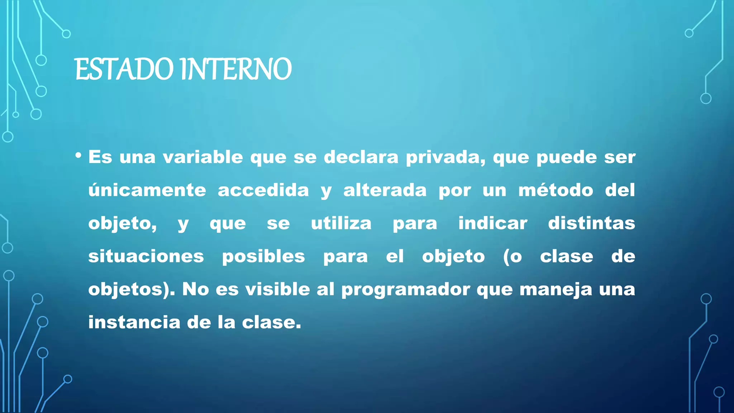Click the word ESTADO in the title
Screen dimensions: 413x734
[124, 69]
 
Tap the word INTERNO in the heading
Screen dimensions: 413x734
[236, 69]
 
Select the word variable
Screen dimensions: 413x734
[203, 157]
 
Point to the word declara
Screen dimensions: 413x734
[361, 157]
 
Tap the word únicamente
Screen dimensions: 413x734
[147, 190]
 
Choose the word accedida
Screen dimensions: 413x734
[263, 190]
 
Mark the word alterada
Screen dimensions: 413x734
[385, 190]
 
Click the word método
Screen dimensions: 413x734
[556, 190]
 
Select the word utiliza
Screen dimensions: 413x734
[341, 223]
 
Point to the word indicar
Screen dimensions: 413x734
[493, 223]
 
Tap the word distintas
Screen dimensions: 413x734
[591, 223]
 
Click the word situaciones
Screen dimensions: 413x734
[146, 256]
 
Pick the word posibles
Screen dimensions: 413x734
[263, 256]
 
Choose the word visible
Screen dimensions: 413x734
[277, 289]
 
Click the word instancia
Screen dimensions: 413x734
[134, 322]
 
